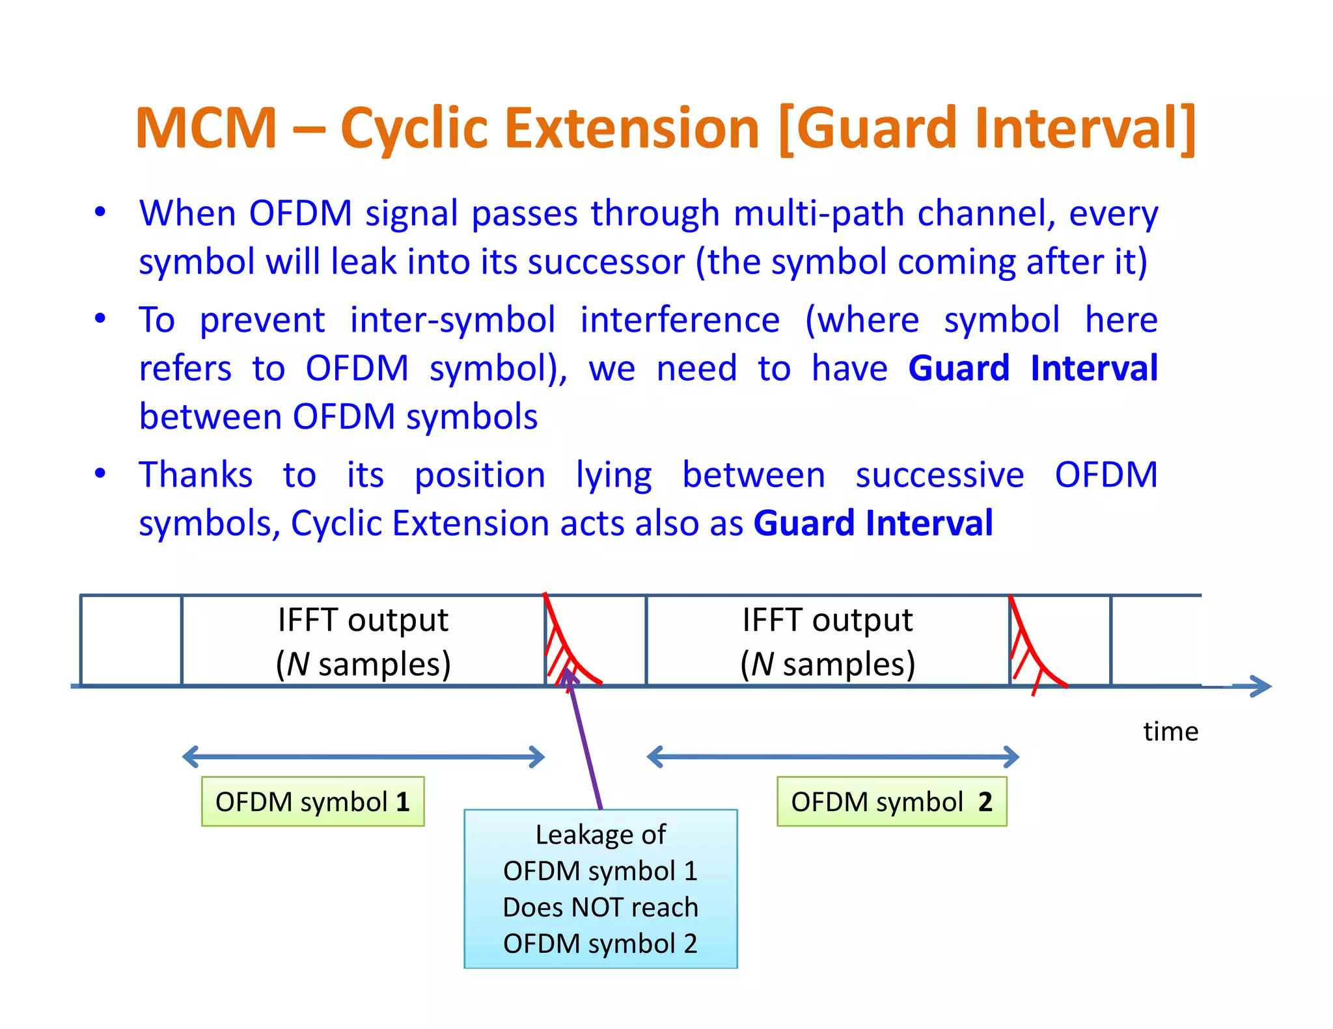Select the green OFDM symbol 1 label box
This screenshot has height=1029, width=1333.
click(312, 801)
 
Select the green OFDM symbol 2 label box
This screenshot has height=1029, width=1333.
click(891, 801)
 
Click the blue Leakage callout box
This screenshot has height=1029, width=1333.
click(600, 889)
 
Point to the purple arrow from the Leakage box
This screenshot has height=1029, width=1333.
click(584, 742)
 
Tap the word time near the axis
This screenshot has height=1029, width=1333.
click(1170, 732)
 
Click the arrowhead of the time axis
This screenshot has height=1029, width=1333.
click(1261, 686)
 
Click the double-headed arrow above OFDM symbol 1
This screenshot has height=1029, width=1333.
click(363, 756)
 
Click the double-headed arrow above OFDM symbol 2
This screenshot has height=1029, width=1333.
click(832, 756)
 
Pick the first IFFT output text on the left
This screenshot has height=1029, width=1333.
click(363, 620)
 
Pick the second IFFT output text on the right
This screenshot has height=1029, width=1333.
click(827, 620)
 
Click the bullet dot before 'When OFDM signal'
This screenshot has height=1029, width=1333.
click(100, 212)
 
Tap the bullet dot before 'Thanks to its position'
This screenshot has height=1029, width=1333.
click(100, 473)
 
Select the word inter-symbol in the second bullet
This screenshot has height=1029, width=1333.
click(452, 320)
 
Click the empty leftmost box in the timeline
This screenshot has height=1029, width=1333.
click(131, 640)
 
